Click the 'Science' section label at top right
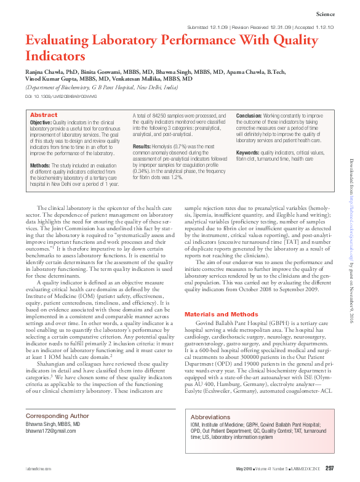[x=324, y=14]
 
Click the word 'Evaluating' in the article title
[x=59, y=41]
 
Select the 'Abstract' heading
[x=44, y=115]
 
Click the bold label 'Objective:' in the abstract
[x=41, y=123]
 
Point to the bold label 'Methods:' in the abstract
[x=40, y=165]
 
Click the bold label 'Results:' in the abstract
[x=143, y=146]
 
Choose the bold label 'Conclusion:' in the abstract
[x=249, y=115]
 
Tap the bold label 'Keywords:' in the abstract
[x=247, y=151]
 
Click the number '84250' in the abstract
[x=158, y=115]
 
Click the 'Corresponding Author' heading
[x=57, y=416]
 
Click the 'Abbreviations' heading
[x=210, y=417]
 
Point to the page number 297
[x=330, y=469]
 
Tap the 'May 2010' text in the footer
[x=245, y=470]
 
